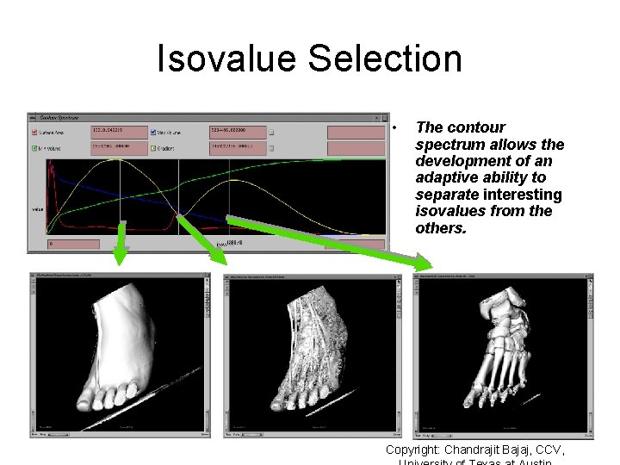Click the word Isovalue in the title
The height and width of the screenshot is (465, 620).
(226, 59)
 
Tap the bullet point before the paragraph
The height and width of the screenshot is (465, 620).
(393, 128)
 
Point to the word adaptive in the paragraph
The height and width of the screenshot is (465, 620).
(449, 177)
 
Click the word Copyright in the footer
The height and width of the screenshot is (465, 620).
(412, 449)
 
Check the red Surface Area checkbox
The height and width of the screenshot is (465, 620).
(34, 133)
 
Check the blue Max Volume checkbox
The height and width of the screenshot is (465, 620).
(152, 133)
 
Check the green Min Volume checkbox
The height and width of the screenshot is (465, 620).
(34, 147)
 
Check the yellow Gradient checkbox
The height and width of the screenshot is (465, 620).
(152, 147)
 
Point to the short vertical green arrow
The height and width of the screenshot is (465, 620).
(121, 243)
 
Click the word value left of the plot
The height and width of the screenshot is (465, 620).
(37, 208)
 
